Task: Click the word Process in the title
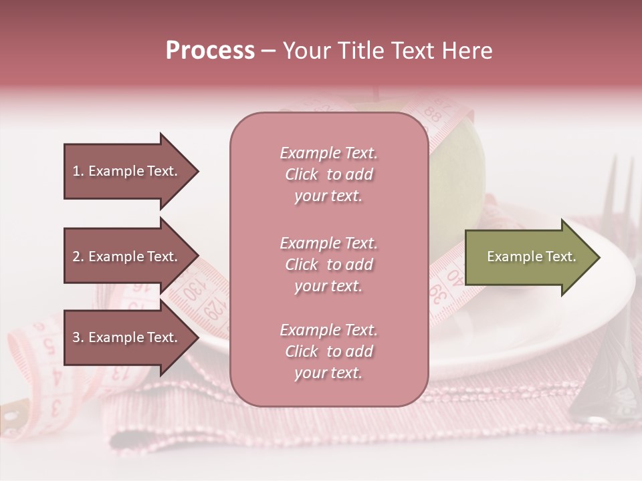tap(210, 51)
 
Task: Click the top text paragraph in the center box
tap(328, 174)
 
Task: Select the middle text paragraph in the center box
tap(328, 265)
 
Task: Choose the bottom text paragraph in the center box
tap(328, 351)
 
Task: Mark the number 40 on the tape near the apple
tap(454, 275)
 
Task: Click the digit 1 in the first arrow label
tap(76, 171)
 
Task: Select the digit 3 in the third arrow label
tap(76, 337)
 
